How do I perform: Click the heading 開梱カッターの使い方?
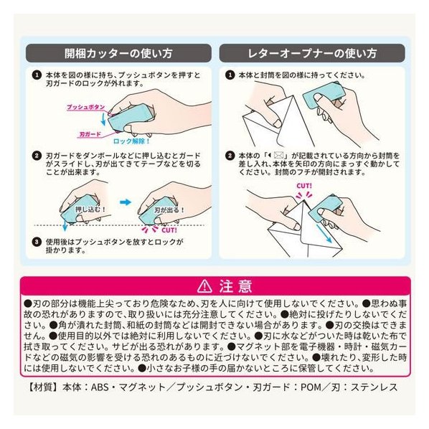118,53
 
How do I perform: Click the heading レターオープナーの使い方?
312,53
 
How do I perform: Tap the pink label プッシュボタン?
86,107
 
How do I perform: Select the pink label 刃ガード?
90,134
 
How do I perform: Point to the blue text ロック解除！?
131,141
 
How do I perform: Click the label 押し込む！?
90,209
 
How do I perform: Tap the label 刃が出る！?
169,210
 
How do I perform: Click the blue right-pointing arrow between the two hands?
126,202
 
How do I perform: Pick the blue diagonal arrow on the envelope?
324,233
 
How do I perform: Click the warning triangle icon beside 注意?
204,286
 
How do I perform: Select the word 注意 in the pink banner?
235,286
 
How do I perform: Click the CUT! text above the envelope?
304,186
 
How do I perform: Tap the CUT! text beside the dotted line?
169,230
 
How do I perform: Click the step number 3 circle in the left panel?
37,242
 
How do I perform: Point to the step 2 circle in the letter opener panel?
230,156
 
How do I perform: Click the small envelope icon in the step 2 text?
278,156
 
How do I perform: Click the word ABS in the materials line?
100,387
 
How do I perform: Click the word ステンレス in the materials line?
374,387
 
